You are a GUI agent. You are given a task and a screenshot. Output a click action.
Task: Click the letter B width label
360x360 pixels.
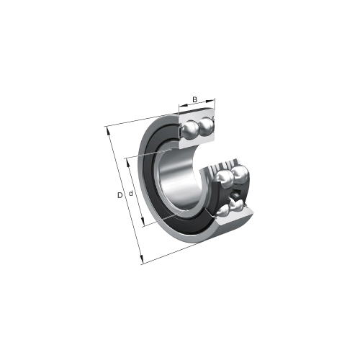pyautogui.click(x=195, y=99)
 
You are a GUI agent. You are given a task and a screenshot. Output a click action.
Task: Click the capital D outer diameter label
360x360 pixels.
pyautogui.click(x=120, y=195)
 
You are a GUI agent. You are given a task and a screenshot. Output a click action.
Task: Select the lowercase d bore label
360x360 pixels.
pyautogui.click(x=131, y=194)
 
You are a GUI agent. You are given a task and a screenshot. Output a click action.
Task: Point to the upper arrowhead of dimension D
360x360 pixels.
pyautogui.click(x=109, y=131)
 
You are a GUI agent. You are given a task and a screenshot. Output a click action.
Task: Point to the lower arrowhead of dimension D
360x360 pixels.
pyautogui.click(x=142, y=259)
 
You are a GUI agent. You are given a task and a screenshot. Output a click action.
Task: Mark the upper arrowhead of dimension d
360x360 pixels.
pyautogui.click(x=128, y=163)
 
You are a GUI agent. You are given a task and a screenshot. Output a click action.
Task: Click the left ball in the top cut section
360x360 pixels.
pyautogui.click(x=189, y=129)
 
